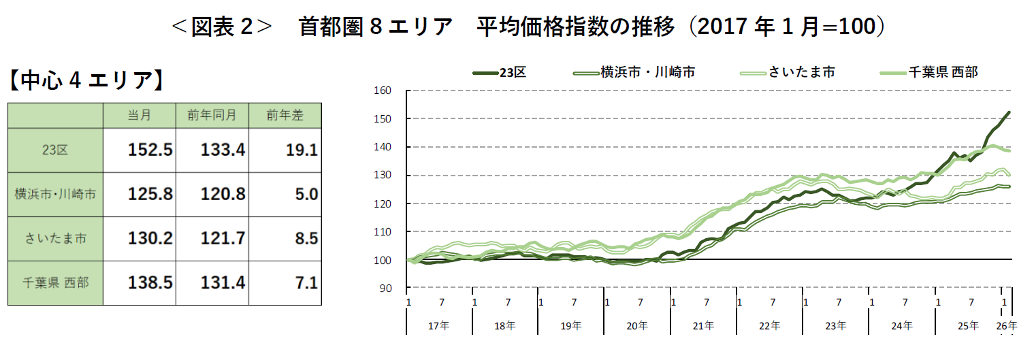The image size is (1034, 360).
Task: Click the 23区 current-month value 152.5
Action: (150, 150)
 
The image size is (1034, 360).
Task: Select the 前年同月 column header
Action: (212, 116)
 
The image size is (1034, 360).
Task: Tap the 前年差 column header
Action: (285, 116)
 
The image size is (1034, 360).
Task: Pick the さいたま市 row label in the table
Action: (55, 239)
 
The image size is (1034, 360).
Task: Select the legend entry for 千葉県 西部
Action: (943, 71)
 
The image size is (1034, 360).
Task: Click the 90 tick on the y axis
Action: (385, 289)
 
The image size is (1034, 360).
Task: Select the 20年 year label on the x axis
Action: (636, 326)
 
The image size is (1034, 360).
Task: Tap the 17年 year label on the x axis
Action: (439, 326)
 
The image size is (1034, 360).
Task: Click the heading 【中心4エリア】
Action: (86, 81)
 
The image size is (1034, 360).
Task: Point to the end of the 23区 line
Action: (1009, 112)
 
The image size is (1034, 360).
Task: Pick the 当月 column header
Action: (139, 116)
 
